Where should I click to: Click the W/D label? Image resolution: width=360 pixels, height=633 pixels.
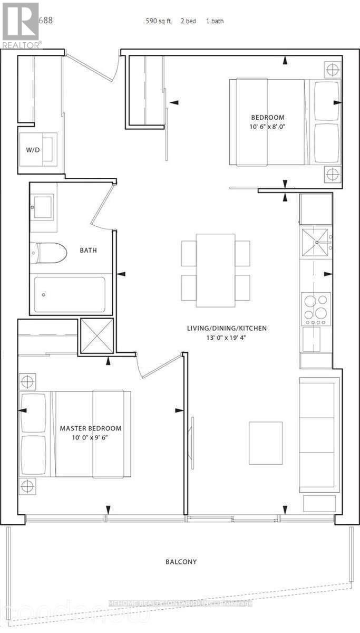tap(33, 149)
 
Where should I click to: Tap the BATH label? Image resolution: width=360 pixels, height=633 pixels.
tap(89, 251)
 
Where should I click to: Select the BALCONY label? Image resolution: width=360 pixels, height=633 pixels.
tap(180, 562)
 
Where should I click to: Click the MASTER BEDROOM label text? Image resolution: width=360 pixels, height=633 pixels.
tap(90, 428)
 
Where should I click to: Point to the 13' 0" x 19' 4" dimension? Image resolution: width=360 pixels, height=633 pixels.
tap(227, 338)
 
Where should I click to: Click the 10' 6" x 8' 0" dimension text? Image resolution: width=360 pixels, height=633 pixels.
tap(268, 127)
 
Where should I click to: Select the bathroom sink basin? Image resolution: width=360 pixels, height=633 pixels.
tap(42, 206)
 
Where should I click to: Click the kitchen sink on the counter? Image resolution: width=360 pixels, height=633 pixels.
tap(315, 243)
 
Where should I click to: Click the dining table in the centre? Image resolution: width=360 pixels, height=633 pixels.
tap(216, 270)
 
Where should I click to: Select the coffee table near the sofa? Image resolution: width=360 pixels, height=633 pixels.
tap(266, 443)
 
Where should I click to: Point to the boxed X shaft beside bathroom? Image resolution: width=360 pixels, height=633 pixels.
tap(96, 336)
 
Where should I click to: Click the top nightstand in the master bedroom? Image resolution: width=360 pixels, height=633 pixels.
tap(27, 381)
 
